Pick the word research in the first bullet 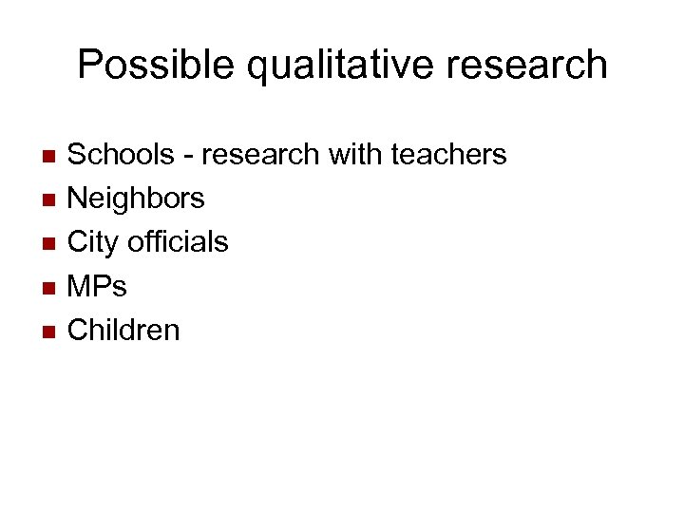tap(259, 154)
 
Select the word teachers tap(447, 154)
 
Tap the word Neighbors tap(136, 199)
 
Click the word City tap(92, 243)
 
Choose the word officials tap(178, 242)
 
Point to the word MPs tap(97, 286)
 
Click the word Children tap(123, 330)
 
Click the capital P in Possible tap(89, 65)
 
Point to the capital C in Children tap(78, 330)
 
